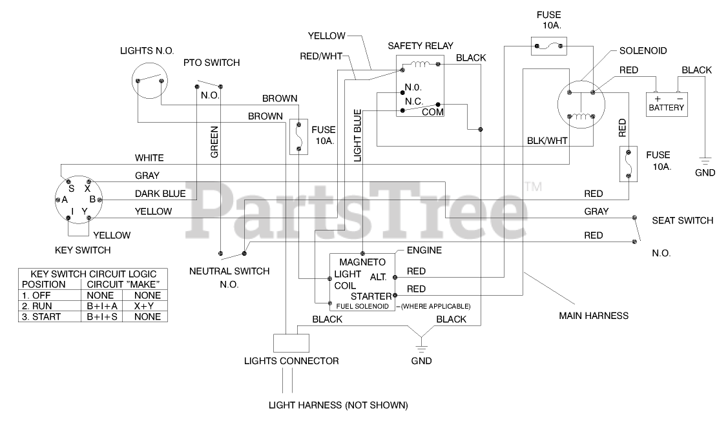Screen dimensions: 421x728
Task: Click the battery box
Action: click(667, 104)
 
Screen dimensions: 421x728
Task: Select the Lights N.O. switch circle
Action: click(150, 80)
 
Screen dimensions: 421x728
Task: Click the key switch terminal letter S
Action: click(72, 188)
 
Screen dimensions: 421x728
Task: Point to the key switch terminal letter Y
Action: click(85, 211)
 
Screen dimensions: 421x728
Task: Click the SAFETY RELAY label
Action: click(420, 46)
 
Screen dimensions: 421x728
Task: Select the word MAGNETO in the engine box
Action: click(362, 262)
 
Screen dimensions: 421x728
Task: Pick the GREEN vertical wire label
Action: click(214, 141)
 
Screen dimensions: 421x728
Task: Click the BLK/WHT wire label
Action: click(547, 139)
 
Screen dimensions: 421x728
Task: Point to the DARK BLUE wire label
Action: click(160, 194)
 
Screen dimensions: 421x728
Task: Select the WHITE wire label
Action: click(149, 158)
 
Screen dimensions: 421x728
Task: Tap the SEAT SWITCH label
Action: click(683, 221)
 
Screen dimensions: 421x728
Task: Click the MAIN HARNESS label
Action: click(594, 316)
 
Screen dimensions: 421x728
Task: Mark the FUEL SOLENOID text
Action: click(362, 306)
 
